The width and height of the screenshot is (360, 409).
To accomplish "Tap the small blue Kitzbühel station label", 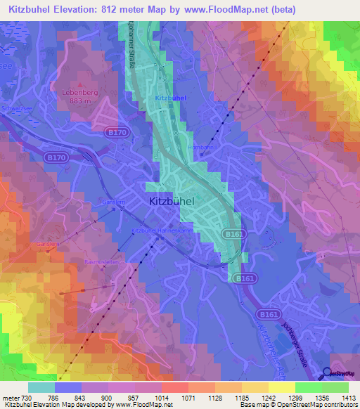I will point(170,98).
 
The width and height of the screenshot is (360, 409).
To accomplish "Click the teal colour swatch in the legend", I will point(41,387).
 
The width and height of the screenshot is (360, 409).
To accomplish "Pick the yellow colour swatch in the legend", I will point(281,387).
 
